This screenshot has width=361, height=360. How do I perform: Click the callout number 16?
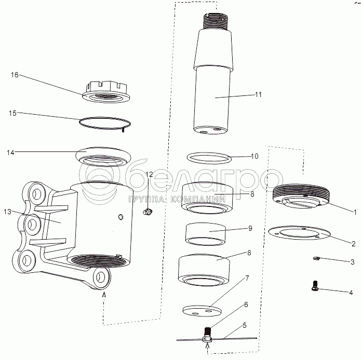[15, 75]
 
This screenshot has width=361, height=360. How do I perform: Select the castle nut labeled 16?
[106, 91]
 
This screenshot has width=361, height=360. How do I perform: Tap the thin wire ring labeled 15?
[105, 123]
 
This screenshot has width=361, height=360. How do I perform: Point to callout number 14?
[10, 153]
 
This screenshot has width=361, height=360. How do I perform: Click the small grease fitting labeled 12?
[148, 212]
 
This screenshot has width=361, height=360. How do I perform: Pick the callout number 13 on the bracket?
[7, 212]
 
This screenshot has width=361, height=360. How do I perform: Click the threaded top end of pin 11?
[216, 21]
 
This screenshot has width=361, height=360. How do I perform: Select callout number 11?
[258, 94]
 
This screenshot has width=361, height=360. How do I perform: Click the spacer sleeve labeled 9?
[205, 234]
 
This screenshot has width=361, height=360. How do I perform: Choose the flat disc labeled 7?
[202, 311]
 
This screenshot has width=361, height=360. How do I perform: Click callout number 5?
[244, 326]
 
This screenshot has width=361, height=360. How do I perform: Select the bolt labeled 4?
[315, 285]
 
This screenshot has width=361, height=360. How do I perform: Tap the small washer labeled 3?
[316, 259]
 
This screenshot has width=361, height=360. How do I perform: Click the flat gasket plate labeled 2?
[299, 232]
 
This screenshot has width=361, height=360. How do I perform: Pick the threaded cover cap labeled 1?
[301, 196]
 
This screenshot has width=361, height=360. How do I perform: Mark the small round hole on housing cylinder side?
[121, 216]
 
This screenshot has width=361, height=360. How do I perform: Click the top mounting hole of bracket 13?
[36, 194]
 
